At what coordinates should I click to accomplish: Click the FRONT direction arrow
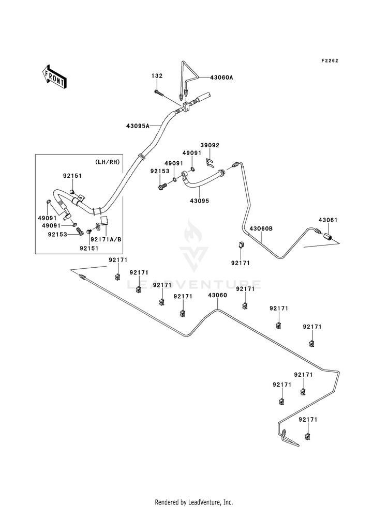pos(54,76)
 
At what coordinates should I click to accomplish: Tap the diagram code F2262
pos(330,60)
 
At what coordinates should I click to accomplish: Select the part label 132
pos(157,76)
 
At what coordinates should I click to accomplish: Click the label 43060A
pos(221,78)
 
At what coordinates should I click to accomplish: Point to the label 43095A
pos(138,126)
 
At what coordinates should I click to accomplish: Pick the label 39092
pos(210,145)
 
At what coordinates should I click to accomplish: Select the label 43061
pos(328,220)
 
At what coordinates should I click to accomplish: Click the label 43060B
pos(261,228)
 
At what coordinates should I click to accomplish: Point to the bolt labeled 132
pos(158,93)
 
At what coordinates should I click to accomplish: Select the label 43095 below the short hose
pos(199,201)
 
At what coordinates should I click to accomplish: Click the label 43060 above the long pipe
pos(217,295)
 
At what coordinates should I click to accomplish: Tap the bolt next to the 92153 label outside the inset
pos(162,186)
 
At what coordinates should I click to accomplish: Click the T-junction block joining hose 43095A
pos(186,107)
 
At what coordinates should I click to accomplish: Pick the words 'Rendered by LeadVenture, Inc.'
pos(194,502)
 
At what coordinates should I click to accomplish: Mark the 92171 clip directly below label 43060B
pos(241,245)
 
